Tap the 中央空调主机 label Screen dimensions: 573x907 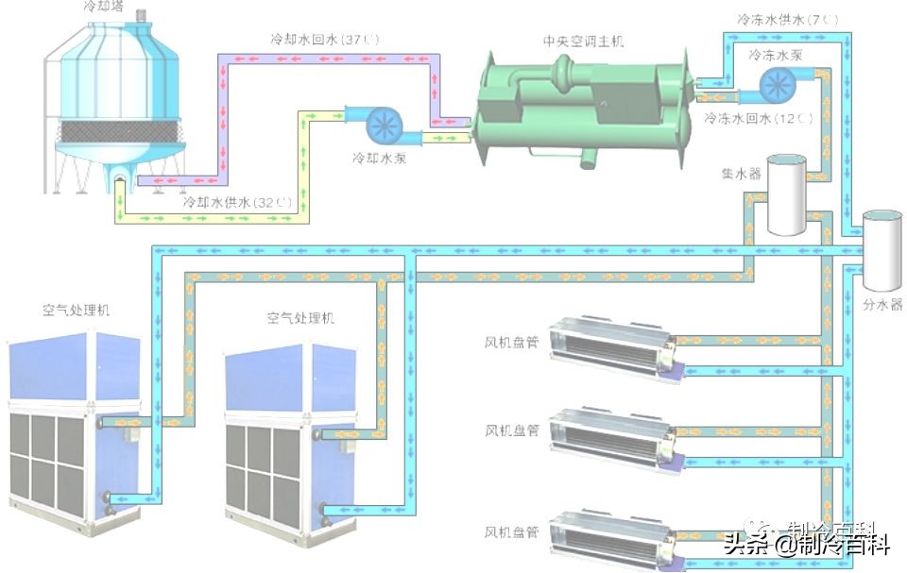coord(583,42)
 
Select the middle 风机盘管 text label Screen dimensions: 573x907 coord(512,430)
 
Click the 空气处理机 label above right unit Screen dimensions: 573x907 coord(300,319)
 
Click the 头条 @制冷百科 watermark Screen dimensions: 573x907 coord(807,544)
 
